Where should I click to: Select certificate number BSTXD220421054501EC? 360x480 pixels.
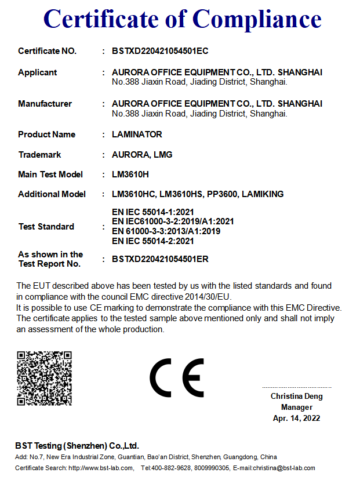pyautogui.click(x=160, y=51)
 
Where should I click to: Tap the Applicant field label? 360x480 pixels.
pyautogui.click(x=38, y=72)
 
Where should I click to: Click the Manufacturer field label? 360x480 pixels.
pyautogui.click(x=45, y=104)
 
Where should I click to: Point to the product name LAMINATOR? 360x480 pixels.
pyautogui.click(x=137, y=134)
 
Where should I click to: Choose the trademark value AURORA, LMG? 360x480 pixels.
pyautogui.click(x=142, y=155)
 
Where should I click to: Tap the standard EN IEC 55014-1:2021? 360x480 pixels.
pyautogui.click(x=153, y=213)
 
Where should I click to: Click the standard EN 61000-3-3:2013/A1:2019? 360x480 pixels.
pyautogui.click(x=166, y=231)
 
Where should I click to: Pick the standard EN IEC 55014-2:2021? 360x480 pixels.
pyautogui.click(x=153, y=241)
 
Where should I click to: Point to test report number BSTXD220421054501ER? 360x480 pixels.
pyautogui.click(x=160, y=259)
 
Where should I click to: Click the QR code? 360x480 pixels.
pyautogui.click(x=44, y=378)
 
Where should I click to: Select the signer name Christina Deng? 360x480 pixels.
pyautogui.click(x=297, y=397)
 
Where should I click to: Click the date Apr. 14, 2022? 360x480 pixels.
pyautogui.click(x=297, y=418)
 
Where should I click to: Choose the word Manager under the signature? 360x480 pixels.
pyautogui.click(x=297, y=408)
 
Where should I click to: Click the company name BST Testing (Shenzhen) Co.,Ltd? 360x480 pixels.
pyautogui.click(x=77, y=446)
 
